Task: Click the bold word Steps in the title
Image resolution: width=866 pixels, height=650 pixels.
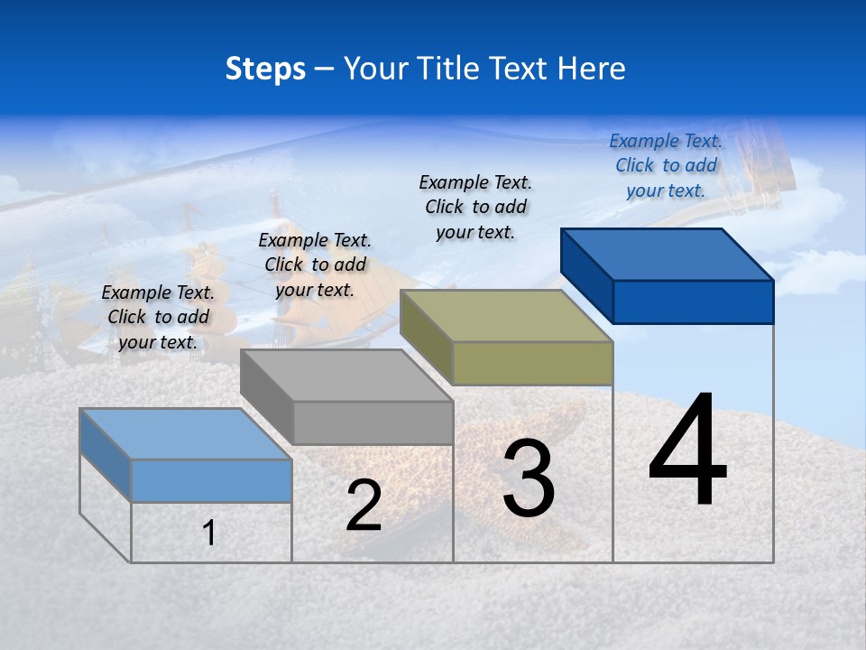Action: pyautogui.click(x=265, y=69)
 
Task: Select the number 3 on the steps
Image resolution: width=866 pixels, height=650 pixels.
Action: pyautogui.click(x=528, y=478)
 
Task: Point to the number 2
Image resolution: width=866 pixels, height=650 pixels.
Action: pyautogui.click(x=364, y=506)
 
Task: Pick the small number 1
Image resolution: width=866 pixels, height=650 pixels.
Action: pyautogui.click(x=209, y=533)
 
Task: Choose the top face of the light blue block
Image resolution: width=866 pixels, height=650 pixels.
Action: pyautogui.click(x=186, y=434)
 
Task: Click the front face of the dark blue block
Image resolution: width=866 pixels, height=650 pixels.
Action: pyautogui.click(x=693, y=302)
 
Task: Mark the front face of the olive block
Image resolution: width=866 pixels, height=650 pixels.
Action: pyautogui.click(x=532, y=363)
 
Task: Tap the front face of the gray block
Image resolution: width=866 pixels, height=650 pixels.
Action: pyautogui.click(x=373, y=422)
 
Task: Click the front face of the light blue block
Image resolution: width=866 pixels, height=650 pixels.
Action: pyautogui.click(x=211, y=480)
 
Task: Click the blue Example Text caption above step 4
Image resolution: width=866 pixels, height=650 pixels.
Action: pyautogui.click(x=666, y=165)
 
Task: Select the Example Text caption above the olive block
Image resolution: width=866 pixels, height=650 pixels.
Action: pyautogui.click(x=475, y=207)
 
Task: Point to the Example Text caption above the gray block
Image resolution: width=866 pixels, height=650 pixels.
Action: pyautogui.click(x=315, y=265)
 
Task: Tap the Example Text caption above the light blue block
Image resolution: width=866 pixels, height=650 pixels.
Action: pyautogui.click(x=158, y=317)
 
